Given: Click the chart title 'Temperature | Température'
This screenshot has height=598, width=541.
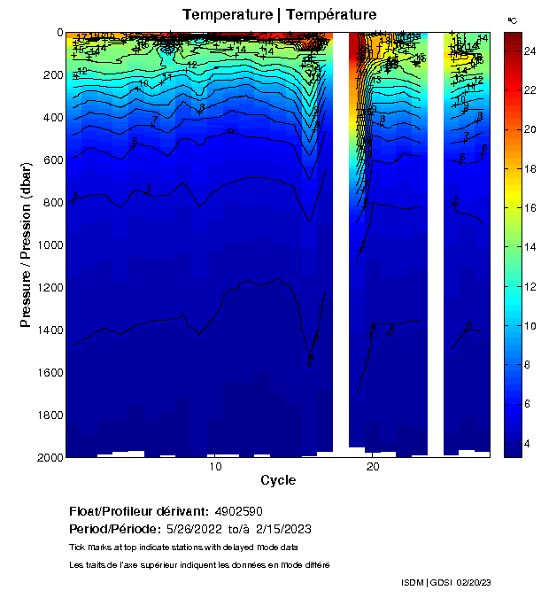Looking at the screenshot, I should (279, 15).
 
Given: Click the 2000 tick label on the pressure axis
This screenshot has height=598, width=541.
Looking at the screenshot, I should (49, 457).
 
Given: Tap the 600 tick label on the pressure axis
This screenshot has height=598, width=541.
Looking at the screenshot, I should (51, 159).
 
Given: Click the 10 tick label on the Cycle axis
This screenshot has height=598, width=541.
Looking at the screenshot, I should (214, 468).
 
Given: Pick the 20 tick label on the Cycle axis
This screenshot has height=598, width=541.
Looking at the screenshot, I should (373, 468).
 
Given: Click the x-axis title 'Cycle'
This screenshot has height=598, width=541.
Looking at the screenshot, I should (278, 481).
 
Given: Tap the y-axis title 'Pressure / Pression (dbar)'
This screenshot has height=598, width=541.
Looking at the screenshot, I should (26, 245).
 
